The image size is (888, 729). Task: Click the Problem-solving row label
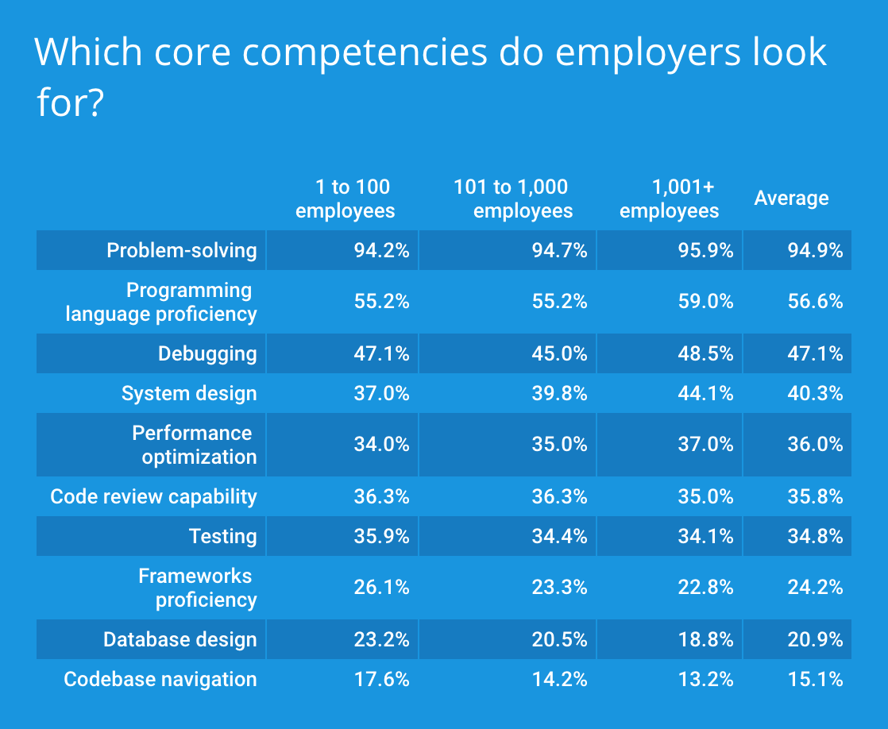point(182,251)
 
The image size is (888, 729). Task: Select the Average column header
point(791,199)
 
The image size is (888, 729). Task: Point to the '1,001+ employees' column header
point(670,199)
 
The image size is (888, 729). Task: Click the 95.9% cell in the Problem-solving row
point(705,251)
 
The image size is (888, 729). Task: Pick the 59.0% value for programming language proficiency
point(705,302)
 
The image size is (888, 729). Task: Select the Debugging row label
point(207,354)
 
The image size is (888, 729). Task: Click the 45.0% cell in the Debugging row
point(559,354)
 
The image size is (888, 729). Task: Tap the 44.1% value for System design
point(705,394)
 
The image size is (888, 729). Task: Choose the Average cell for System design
point(815,394)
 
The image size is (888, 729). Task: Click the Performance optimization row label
point(194,445)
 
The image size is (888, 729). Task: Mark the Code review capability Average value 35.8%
point(815,497)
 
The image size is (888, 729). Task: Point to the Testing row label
point(222,537)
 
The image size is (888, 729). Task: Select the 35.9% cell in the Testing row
point(381,537)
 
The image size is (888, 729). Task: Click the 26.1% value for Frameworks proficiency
point(381,588)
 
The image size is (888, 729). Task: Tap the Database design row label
point(180,640)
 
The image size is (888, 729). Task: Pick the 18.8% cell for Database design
point(705,640)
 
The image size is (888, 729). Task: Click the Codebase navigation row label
point(160,680)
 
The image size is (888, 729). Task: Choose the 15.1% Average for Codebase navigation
point(815,680)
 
